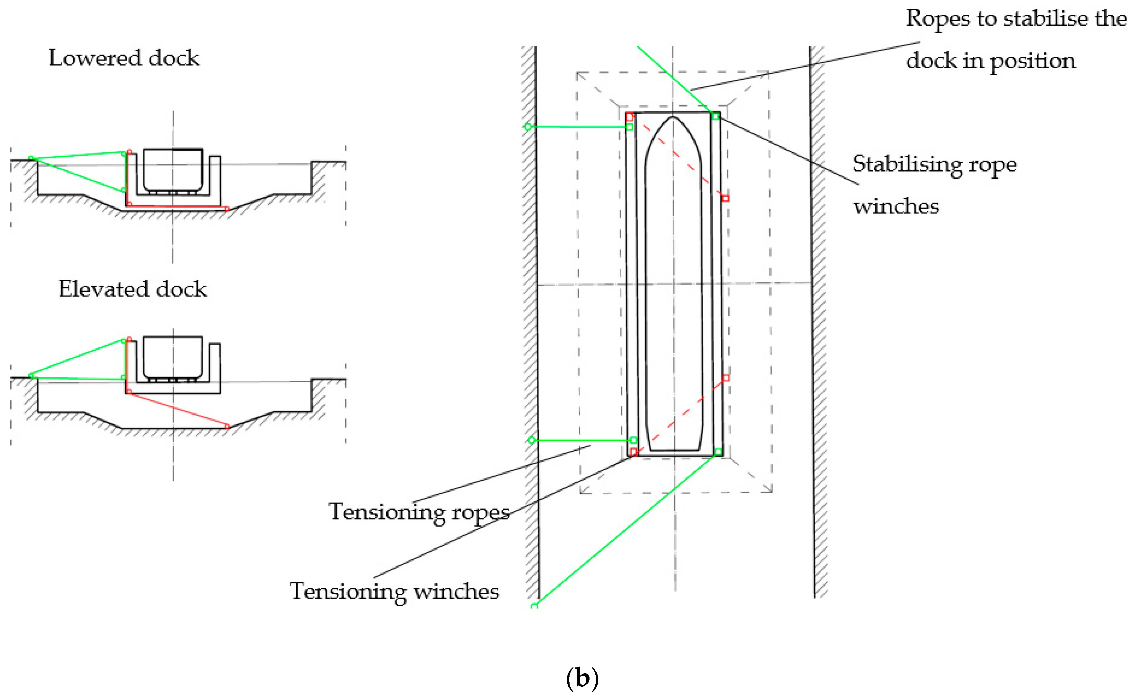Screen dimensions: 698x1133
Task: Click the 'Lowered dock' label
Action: point(124,59)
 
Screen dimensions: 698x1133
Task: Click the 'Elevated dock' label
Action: point(132,289)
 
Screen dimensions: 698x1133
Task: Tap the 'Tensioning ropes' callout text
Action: point(419,512)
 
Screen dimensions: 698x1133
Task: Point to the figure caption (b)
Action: point(582,678)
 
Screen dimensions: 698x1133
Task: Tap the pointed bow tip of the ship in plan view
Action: point(673,117)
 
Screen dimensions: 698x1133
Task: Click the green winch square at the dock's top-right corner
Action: point(715,116)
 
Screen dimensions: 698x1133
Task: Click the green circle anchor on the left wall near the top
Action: point(528,127)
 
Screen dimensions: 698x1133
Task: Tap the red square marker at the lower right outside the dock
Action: point(726,378)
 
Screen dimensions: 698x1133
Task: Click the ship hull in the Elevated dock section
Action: point(173,356)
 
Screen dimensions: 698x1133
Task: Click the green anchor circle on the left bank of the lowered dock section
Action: point(31,158)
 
